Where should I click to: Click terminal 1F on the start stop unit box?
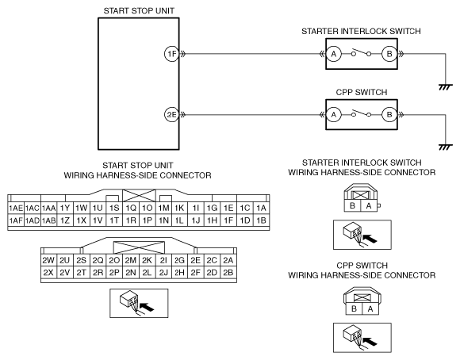pos(171,54)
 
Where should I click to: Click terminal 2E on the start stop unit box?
pos(171,114)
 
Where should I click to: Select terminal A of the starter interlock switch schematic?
pos(334,54)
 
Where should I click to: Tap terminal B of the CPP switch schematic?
pos(389,114)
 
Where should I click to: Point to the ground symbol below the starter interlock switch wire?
pos(446,87)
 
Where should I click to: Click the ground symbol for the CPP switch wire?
pos(446,147)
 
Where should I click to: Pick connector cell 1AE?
pos(16,208)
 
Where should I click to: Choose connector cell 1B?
pos(261,220)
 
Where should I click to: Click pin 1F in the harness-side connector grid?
pos(228,220)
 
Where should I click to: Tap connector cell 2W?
pos(48,260)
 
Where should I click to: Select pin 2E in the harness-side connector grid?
pos(195,260)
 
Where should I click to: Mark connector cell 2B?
pos(228,273)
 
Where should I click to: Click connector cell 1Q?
pos(131,208)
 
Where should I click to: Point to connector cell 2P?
pos(114,273)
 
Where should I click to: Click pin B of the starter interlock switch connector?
pos(353,205)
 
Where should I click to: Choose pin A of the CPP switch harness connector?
pos(370,309)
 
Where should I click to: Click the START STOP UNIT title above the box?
pos(139,11)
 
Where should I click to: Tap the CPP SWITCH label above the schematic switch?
pos(362,93)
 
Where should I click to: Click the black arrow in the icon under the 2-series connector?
pos(147,307)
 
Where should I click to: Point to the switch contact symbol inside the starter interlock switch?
pos(361,53)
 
